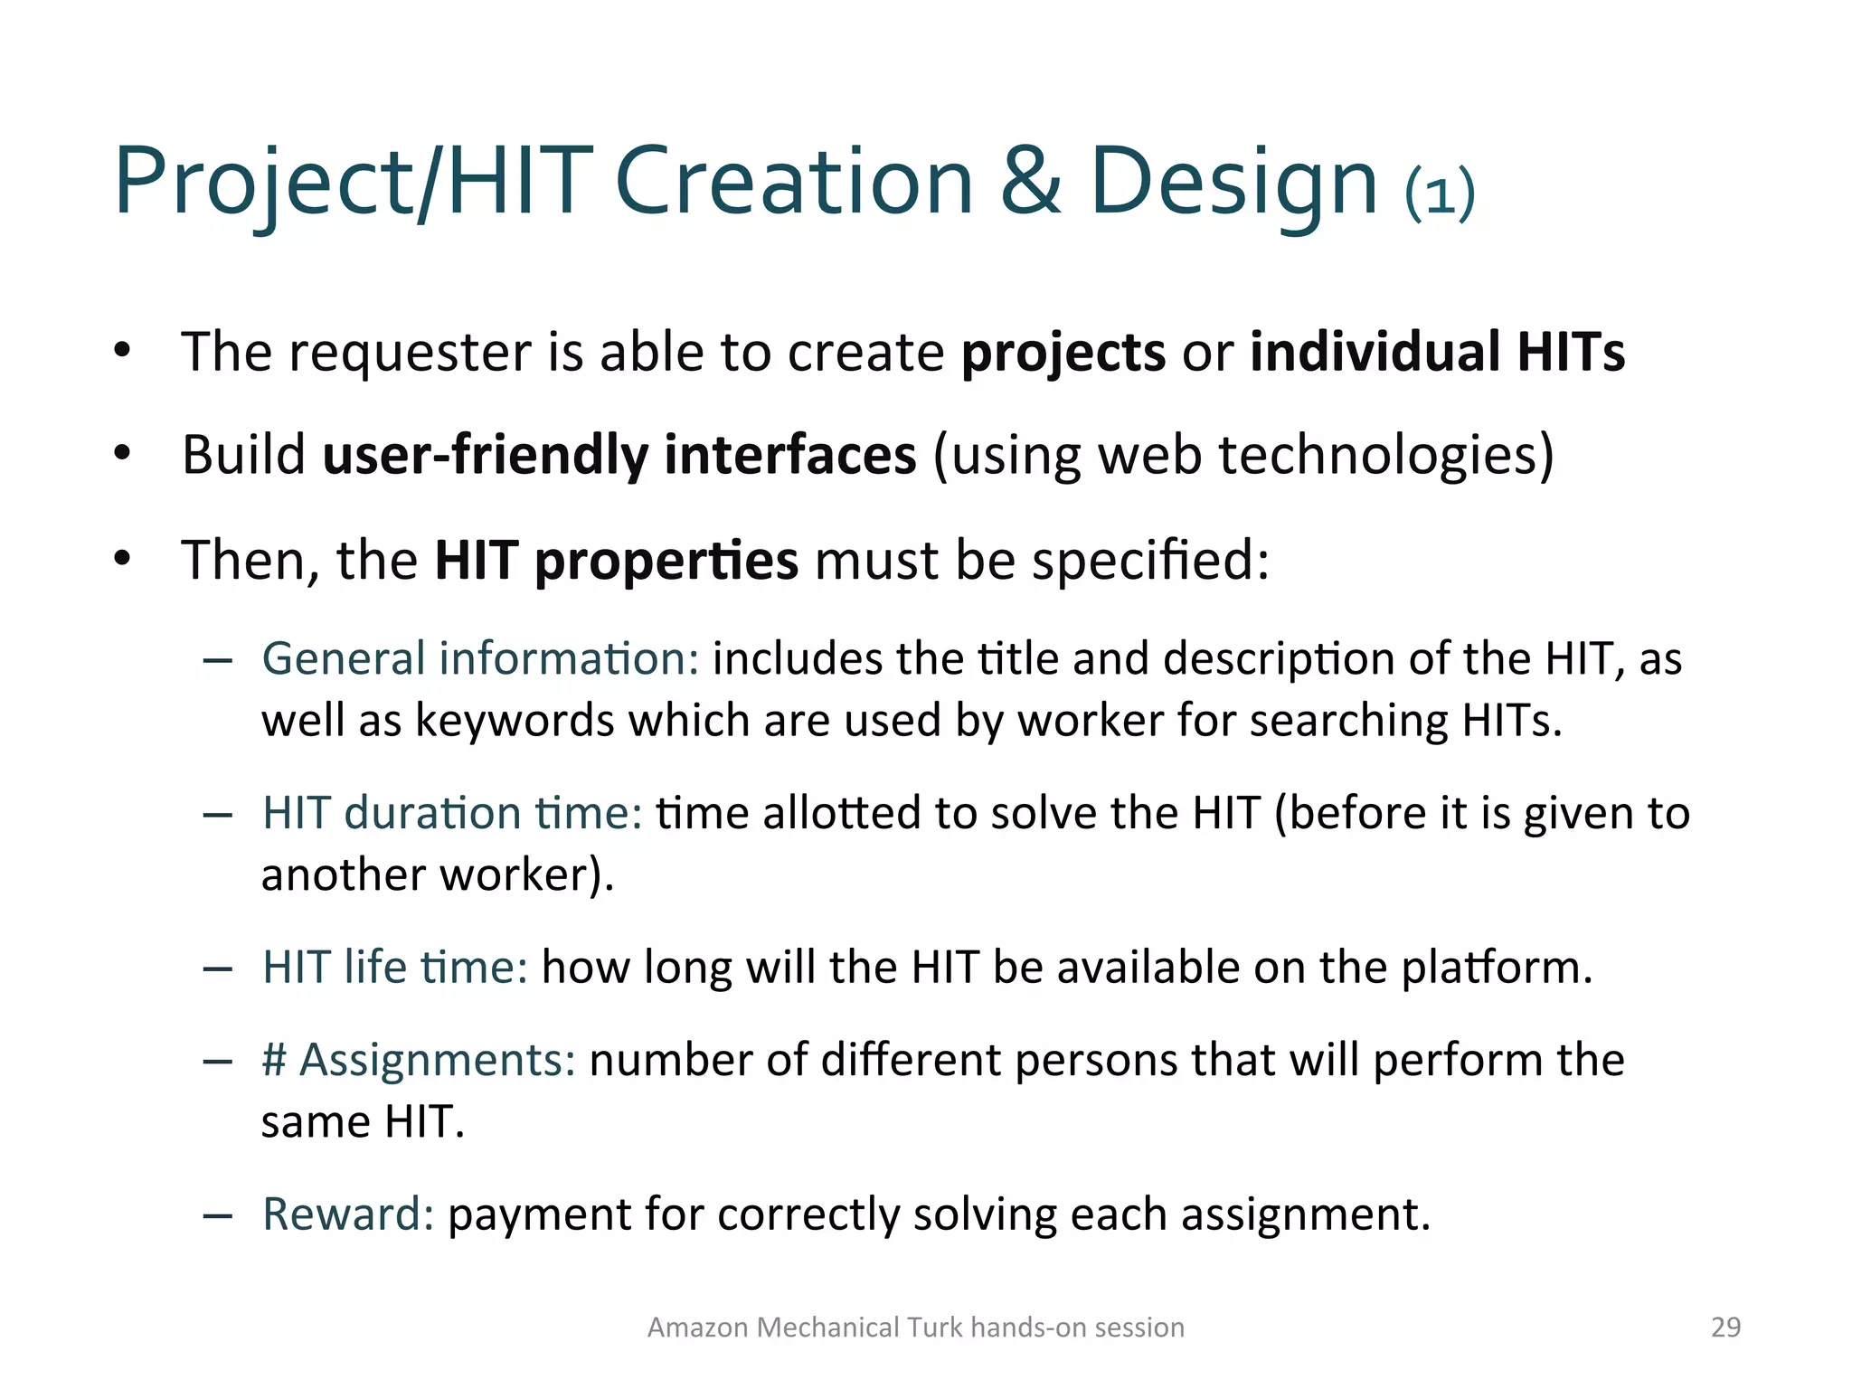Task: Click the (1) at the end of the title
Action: click(x=1440, y=193)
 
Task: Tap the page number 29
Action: click(x=1725, y=1327)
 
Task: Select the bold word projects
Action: click(x=1063, y=353)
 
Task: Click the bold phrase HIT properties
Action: click(x=616, y=561)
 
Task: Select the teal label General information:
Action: click(x=480, y=658)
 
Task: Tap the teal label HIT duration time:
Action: click(x=452, y=812)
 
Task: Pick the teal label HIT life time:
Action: click(x=395, y=967)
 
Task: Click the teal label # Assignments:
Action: click(x=419, y=1060)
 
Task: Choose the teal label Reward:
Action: click(x=348, y=1214)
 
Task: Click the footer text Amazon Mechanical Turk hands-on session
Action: click(x=915, y=1327)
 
